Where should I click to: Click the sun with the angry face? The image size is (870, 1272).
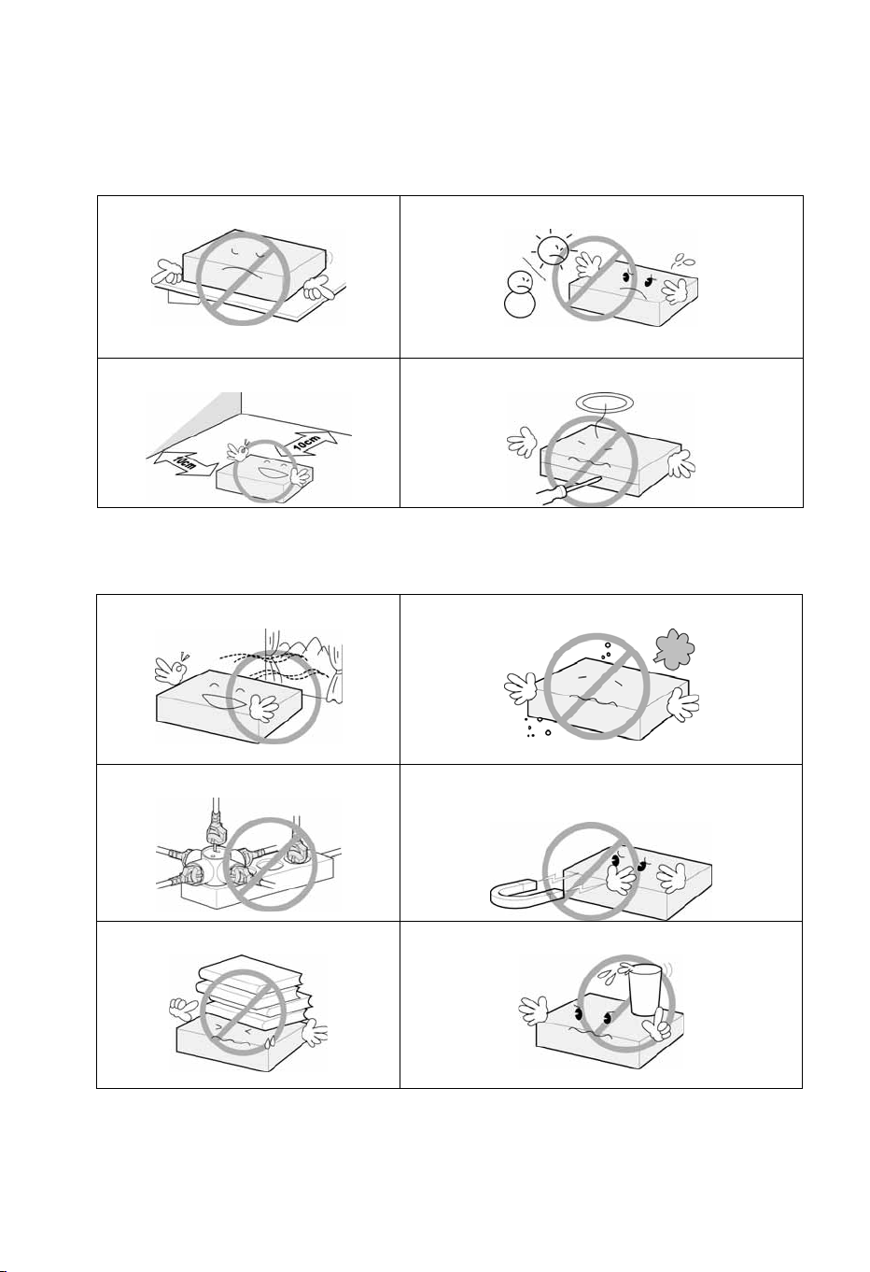pyautogui.click(x=554, y=249)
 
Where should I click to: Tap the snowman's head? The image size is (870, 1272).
pyautogui.click(x=519, y=282)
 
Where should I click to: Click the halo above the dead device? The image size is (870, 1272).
pyautogui.click(x=604, y=403)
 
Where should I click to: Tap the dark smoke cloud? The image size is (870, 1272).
pyautogui.click(x=675, y=648)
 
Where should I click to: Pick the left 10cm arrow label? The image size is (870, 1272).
pyautogui.click(x=186, y=463)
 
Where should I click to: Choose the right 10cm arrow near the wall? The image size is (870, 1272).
pyautogui.click(x=308, y=444)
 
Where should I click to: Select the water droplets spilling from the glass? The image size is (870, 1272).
pyautogui.click(x=613, y=971)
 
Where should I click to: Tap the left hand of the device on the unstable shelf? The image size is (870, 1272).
pyautogui.click(x=167, y=272)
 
